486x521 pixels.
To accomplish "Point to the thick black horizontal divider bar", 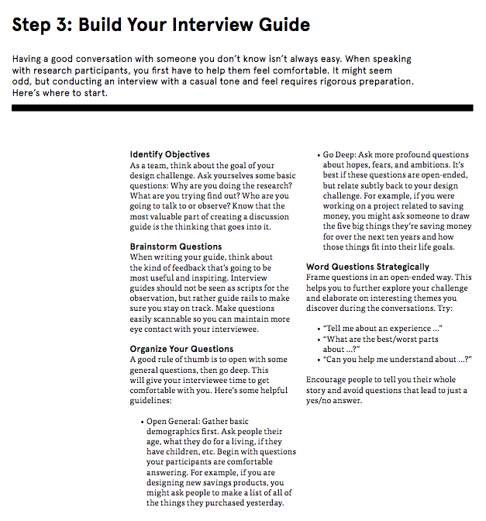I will [x=243, y=108].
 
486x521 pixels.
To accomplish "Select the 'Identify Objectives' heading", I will [x=170, y=154].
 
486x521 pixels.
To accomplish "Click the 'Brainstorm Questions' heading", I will [x=176, y=247].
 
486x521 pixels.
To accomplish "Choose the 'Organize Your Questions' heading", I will [x=181, y=349].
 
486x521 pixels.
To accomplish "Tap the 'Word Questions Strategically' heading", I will [x=367, y=267].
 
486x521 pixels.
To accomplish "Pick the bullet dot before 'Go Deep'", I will [x=320, y=155].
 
